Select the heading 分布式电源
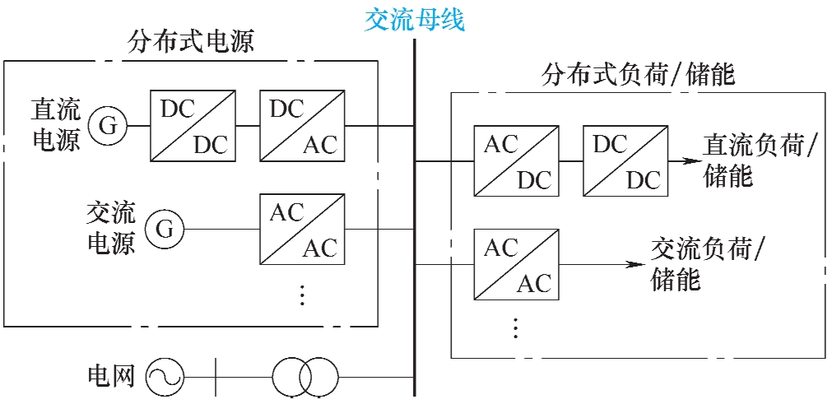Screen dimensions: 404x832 (190, 42)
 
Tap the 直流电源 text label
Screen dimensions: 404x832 (56, 125)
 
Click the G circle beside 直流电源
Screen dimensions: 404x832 (108, 126)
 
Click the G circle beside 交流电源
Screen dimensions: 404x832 (165, 230)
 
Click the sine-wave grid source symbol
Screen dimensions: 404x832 (165, 378)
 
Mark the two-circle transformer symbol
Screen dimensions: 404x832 (305, 378)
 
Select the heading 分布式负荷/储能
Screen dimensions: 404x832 (638, 77)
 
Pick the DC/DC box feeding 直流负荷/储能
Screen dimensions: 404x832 (625, 161)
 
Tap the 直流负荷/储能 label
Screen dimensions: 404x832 (759, 161)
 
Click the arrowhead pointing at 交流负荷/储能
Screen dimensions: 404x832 (632, 264)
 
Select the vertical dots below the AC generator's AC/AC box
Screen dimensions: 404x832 (302, 294)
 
